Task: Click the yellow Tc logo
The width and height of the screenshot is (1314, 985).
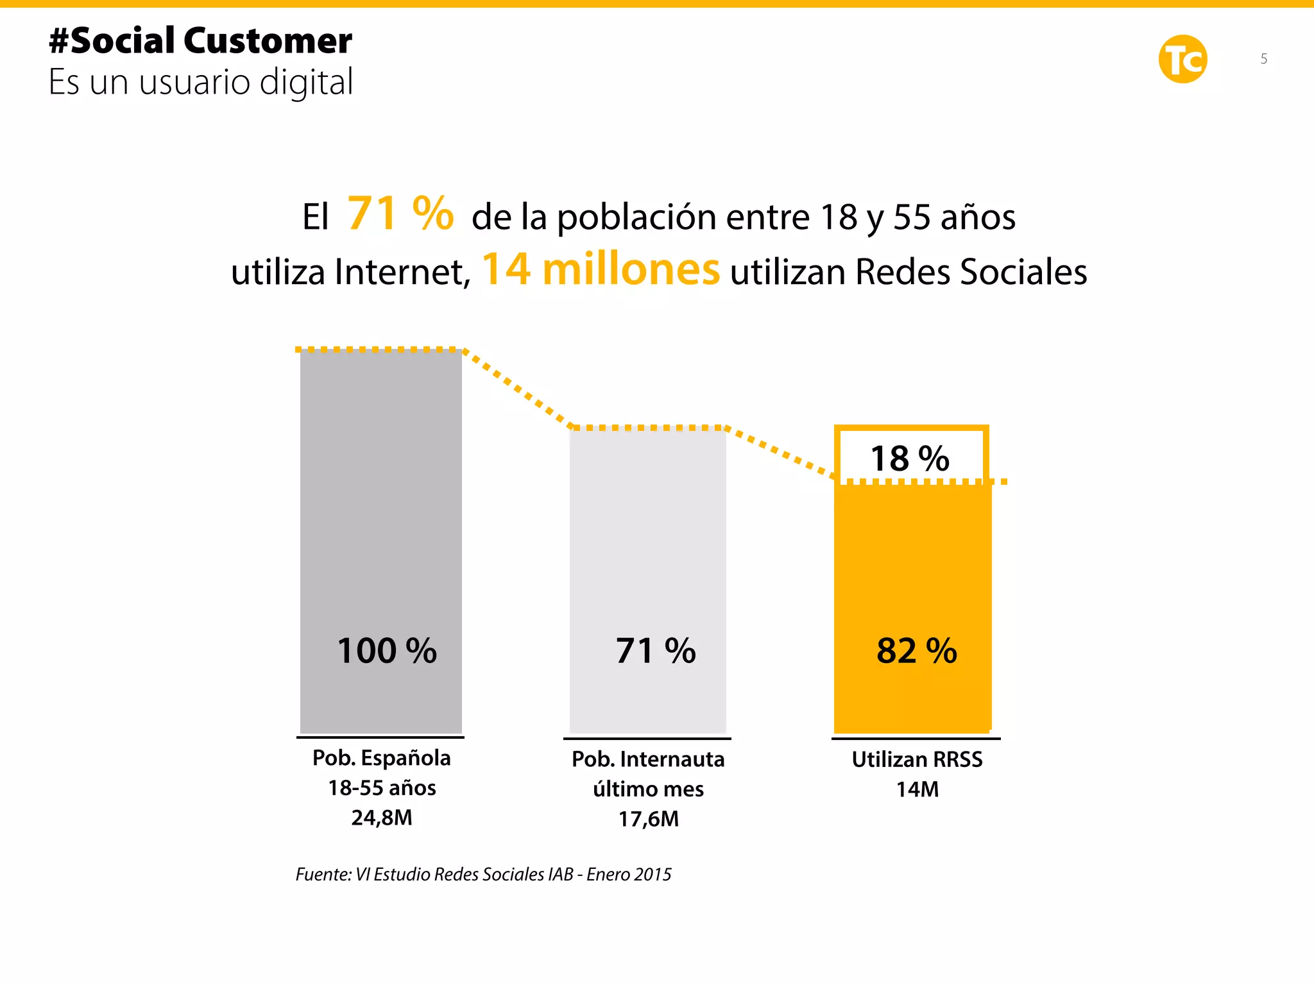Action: [1182, 59]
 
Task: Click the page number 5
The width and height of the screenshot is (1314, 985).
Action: [1263, 59]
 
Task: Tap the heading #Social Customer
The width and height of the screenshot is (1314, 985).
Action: [200, 41]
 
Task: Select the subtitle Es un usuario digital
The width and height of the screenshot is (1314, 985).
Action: [201, 82]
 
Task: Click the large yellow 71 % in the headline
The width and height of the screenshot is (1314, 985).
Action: [400, 214]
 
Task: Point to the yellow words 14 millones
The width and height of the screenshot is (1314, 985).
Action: [601, 269]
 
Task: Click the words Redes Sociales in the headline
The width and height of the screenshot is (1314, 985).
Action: [971, 272]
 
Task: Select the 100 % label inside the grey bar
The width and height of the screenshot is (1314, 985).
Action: [387, 651]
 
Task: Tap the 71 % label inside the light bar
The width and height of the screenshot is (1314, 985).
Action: [655, 651]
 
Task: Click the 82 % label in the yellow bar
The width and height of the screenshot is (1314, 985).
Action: [916, 651]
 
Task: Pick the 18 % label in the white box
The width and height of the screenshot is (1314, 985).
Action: [909, 459]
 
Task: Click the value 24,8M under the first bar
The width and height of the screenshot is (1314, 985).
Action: [382, 818]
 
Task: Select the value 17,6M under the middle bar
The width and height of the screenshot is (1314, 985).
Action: [648, 819]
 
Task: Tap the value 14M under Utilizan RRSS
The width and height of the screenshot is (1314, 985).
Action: [917, 789]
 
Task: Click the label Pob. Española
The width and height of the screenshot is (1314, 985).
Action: [381, 758]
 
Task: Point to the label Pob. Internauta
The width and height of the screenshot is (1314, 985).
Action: [648, 759]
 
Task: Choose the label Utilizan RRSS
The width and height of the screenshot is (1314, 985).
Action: [917, 759]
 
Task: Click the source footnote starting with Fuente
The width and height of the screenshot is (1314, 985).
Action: [483, 875]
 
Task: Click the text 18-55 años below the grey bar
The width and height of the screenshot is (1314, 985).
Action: [382, 788]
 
